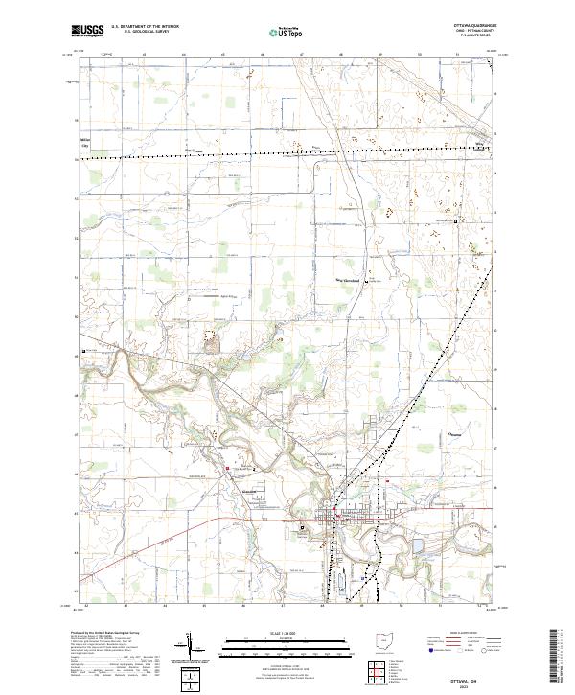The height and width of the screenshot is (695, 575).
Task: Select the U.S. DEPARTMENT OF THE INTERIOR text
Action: [x=145, y=27]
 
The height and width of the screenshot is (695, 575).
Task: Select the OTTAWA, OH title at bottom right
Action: [x=479, y=672]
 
